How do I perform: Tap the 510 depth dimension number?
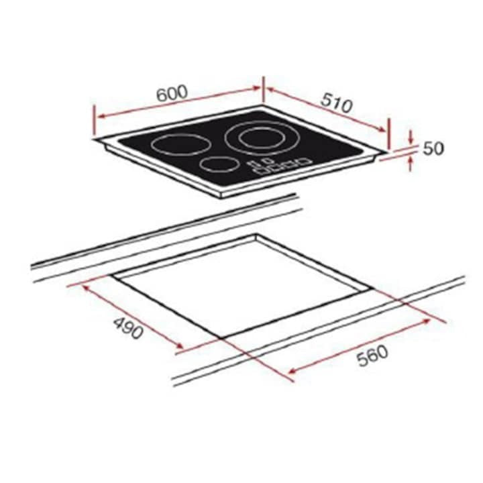[x=336, y=102]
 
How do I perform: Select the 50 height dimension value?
[x=433, y=148]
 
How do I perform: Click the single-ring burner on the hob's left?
[x=178, y=145]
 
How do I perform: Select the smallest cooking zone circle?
[x=217, y=165]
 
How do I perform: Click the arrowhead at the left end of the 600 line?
[x=99, y=116]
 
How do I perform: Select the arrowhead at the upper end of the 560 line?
[x=429, y=321]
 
